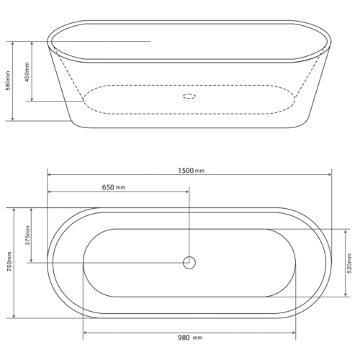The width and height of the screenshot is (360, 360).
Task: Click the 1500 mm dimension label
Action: pos(192,171)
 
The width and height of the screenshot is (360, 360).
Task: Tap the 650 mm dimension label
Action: pos(114,187)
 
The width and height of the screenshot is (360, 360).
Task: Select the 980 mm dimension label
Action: pos(190,338)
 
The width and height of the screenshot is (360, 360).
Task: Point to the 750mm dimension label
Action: pos(9,261)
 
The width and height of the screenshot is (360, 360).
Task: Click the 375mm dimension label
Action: pos(27,235)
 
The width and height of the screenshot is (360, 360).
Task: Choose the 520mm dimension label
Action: pos(349,264)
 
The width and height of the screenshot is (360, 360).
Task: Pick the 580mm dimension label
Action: pos(8,81)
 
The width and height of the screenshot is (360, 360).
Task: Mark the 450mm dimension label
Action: pos(27,72)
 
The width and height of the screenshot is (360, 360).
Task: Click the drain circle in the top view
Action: pos(189,263)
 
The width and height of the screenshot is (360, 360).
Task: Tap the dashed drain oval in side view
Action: pos(189,96)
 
